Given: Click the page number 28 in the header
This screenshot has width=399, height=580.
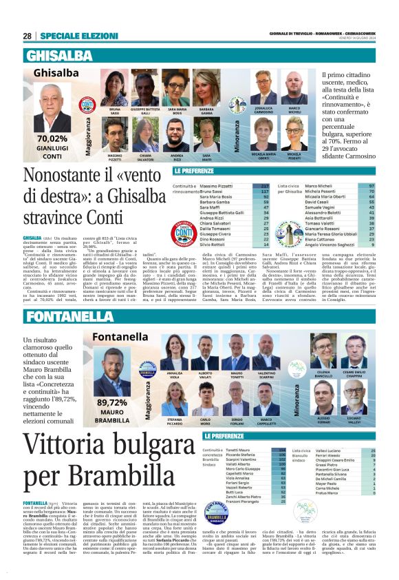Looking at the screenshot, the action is [28, 36].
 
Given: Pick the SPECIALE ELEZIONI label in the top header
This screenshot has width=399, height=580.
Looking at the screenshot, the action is [73, 36].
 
